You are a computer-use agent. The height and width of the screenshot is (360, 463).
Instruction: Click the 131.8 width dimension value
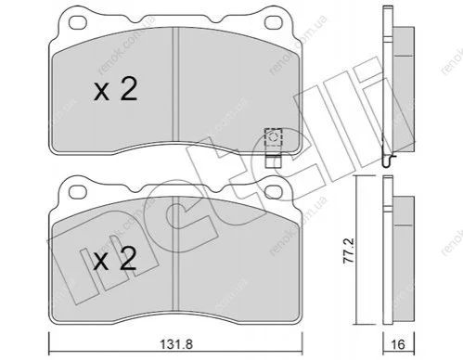[x=176, y=343]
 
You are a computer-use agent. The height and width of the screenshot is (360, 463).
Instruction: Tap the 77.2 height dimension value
[x=349, y=251]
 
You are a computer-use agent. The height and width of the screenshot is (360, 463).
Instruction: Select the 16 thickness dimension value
[x=399, y=344]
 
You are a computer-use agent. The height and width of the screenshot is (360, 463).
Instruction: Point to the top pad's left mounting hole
[x=77, y=22]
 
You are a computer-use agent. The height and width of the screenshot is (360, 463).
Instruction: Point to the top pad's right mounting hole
[x=275, y=22]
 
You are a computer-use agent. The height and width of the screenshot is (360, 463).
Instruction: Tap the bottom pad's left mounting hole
[x=77, y=191]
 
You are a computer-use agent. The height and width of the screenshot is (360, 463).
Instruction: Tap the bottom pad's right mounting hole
[x=275, y=191]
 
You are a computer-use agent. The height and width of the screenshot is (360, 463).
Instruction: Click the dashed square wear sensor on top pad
[x=274, y=137]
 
